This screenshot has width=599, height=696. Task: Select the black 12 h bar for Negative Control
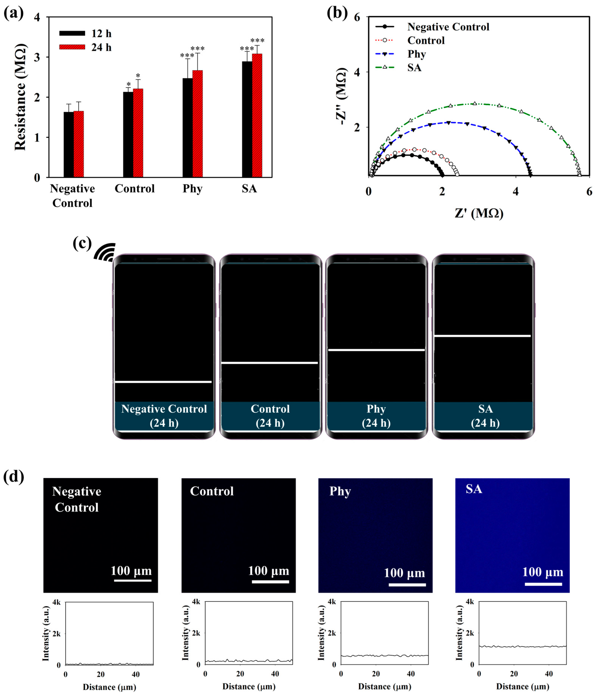click(x=69, y=144)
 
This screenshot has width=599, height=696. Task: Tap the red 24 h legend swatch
click(x=72, y=47)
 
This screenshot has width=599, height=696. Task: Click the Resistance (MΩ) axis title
click(x=20, y=97)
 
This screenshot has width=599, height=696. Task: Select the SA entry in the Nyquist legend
click(x=414, y=68)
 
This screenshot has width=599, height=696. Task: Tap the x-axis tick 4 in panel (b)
click(x=516, y=191)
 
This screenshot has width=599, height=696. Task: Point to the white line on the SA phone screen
click(x=482, y=335)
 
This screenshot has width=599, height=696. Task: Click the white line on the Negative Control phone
click(x=163, y=382)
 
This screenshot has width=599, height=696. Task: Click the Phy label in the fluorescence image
click(x=340, y=491)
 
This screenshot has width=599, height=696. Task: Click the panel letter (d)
click(x=13, y=477)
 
